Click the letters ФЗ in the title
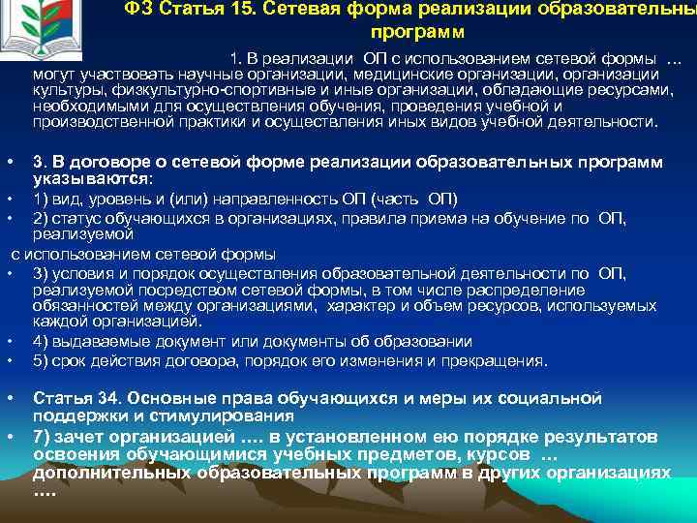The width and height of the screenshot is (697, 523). click(136, 11)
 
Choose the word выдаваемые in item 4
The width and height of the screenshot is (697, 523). click(91, 341)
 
